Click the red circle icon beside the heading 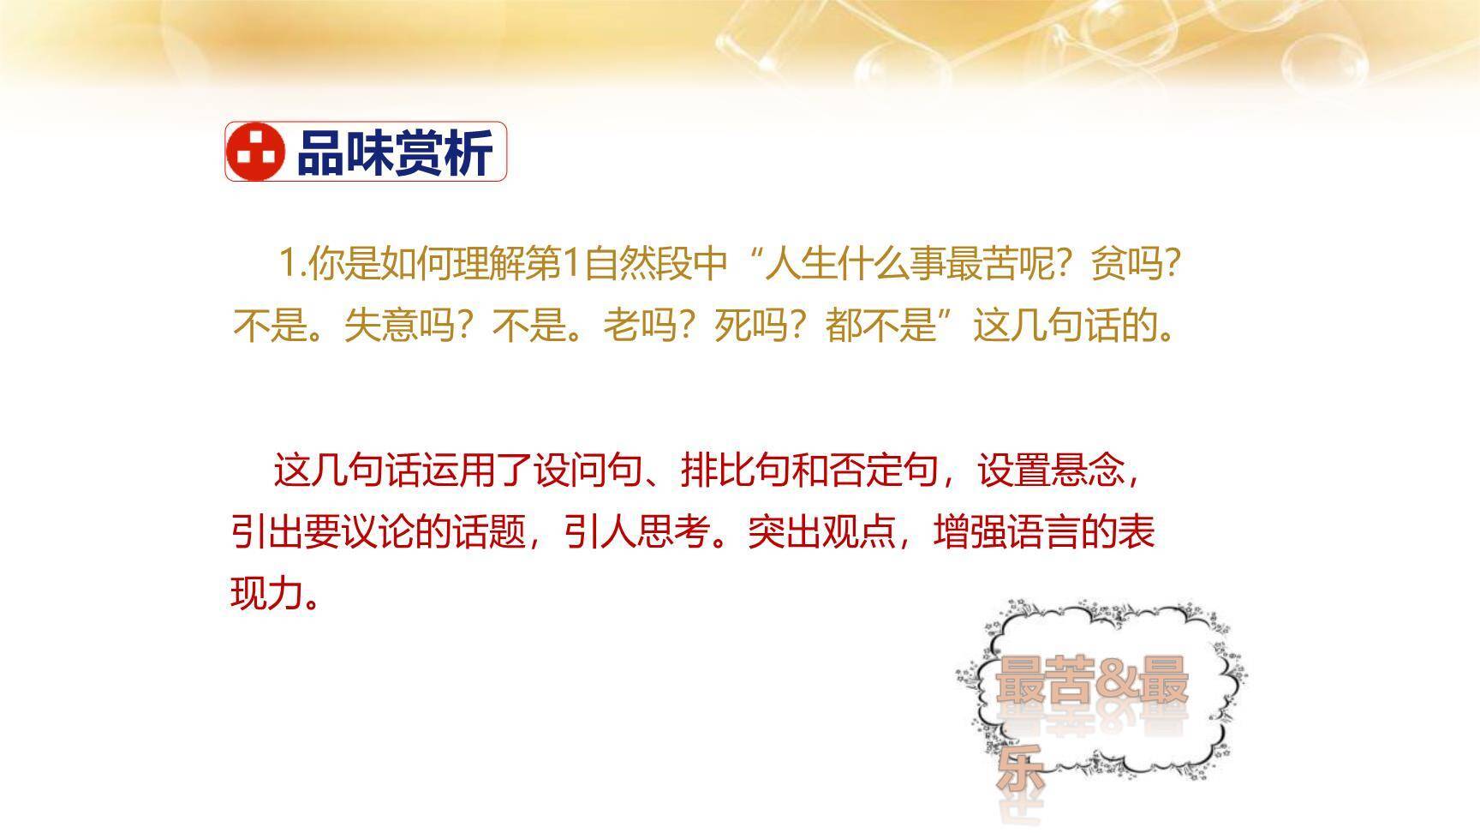coord(255,152)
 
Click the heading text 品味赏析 coord(394,153)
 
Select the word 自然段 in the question coord(637,264)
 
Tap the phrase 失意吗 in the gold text coord(398,326)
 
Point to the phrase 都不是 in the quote coord(880,326)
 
